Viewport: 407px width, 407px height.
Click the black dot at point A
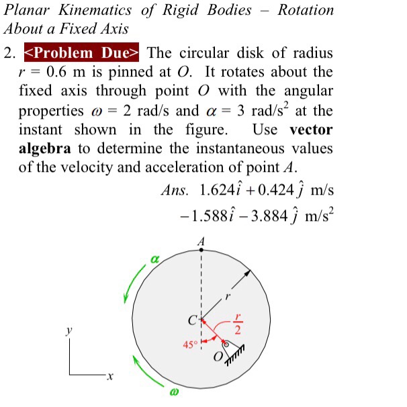(201, 248)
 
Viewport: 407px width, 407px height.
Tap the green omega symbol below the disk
(174, 391)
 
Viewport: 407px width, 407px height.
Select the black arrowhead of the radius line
(251, 273)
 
